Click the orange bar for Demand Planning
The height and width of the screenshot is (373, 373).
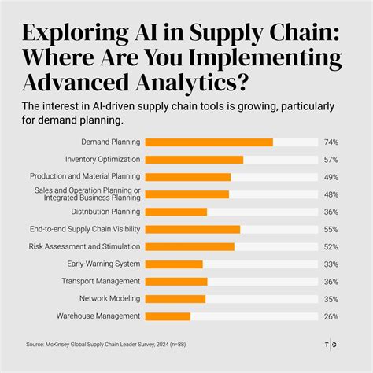coord(209,142)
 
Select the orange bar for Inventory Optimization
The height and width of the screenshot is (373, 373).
coord(194,160)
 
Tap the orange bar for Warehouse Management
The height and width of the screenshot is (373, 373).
coord(168,316)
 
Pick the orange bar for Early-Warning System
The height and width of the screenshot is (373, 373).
coord(175,264)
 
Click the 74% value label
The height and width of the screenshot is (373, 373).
coord(331,142)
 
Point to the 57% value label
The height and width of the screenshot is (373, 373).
coord(331,160)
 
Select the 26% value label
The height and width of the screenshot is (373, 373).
coord(331,316)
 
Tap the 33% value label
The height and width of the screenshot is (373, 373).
coord(331,264)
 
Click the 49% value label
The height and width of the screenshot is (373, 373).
coord(331,177)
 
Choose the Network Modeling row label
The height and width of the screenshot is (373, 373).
coord(109,298)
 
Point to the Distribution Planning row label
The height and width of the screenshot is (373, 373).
coord(105,212)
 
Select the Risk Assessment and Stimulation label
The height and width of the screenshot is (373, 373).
coord(87,246)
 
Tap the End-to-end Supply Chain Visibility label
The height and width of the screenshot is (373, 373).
coord(86,229)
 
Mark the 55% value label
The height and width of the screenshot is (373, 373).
coord(331,229)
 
